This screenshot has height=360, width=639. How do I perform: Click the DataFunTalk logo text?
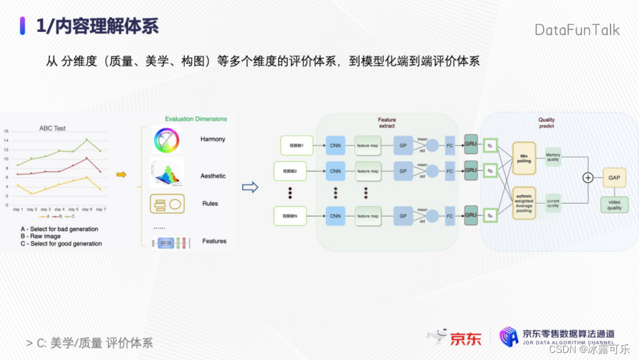coord(577,30)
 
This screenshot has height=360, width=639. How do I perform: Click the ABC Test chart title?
coord(53,128)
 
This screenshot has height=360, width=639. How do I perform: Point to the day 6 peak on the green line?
coord(86,140)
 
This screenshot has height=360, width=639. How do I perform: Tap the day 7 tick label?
coord(101,210)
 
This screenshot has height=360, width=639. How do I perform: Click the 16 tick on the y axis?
coord(6,131)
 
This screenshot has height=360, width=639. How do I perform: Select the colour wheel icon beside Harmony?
coord(166,140)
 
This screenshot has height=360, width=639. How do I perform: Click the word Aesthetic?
coord(213,176)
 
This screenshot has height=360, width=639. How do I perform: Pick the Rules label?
coord(210,204)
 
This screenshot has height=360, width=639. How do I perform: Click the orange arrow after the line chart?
coord(121,175)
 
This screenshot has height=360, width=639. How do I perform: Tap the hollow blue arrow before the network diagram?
coord(251,187)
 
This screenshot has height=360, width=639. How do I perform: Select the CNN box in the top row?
coord(335,145)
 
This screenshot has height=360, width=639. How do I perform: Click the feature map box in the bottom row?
coord(367,216)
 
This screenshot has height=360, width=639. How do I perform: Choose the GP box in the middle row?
coord(403,171)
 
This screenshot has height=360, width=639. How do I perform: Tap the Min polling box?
coord(524,158)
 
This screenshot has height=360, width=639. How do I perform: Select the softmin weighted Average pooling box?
coord(524,203)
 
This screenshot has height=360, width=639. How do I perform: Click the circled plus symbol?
coord(588,178)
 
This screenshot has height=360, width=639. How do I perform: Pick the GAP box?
coord(614,177)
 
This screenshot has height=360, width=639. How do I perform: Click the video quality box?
coord(614,205)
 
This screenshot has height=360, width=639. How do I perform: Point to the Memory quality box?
coord(553,157)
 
